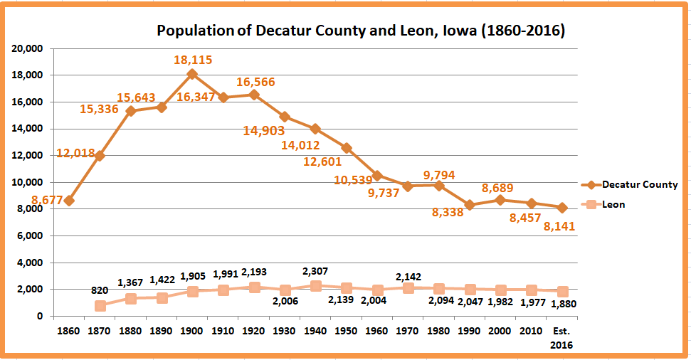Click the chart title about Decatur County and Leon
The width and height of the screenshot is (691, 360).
pos(361,31)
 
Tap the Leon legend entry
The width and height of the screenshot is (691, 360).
pos(613,205)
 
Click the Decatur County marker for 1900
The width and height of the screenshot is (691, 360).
pos(192,74)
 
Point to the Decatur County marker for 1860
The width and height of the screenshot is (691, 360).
pos(69,201)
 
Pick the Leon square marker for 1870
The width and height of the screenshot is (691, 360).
pos(100,305)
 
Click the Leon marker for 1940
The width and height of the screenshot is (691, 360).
pos(315,285)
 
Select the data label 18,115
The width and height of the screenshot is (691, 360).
pos(193,60)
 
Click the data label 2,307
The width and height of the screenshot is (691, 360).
pos(316,270)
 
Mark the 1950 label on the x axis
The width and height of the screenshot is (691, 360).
pos(346,331)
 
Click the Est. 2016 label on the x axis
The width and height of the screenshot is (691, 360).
pos(561,337)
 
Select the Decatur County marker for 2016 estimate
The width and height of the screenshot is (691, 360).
pos(561,208)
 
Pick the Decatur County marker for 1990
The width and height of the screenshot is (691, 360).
pos(470,205)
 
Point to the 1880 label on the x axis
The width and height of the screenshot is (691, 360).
pos(131,331)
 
